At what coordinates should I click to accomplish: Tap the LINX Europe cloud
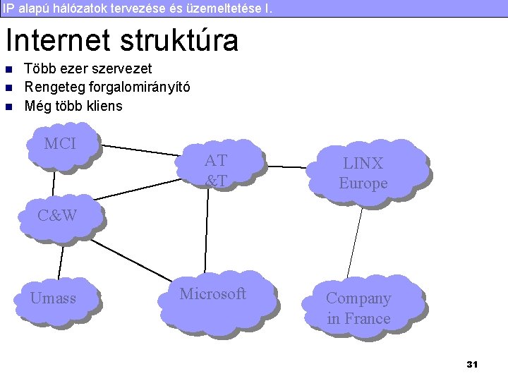(364, 173)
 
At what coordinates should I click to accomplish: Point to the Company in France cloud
(359, 308)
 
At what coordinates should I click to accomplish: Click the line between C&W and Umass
(61, 260)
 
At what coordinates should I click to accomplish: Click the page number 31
(472, 364)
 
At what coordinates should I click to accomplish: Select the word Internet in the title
(58, 40)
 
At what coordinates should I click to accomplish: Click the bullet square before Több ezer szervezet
(8, 69)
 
